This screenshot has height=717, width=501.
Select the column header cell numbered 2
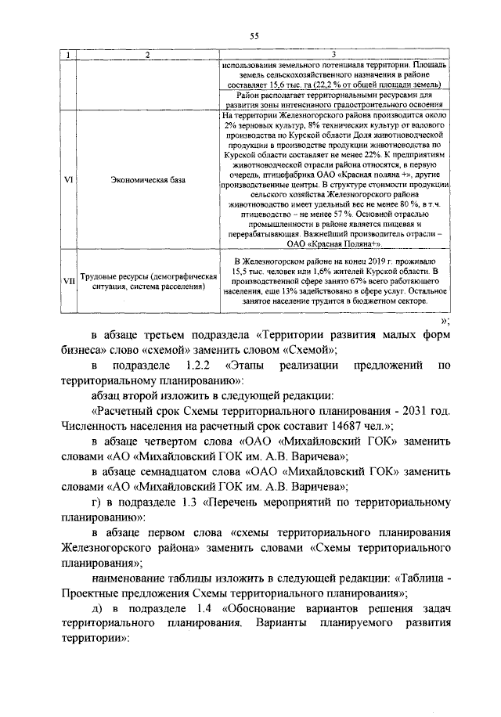point(146,54)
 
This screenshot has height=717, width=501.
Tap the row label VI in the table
point(68,179)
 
